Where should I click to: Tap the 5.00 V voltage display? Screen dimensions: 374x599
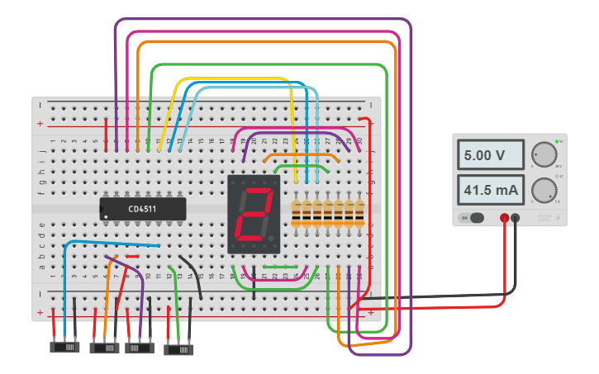[x=491, y=155]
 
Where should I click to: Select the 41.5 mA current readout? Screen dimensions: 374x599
[x=491, y=191]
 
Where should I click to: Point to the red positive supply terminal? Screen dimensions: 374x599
[x=504, y=218]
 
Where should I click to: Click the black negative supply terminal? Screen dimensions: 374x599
[x=516, y=218]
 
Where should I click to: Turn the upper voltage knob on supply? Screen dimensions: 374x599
[x=544, y=154]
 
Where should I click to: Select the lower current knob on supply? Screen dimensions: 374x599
[x=544, y=190]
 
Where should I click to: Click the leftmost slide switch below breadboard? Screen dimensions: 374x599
[x=64, y=348]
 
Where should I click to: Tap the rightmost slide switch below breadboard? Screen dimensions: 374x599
[x=178, y=349]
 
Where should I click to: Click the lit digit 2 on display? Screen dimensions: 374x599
[x=254, y=214]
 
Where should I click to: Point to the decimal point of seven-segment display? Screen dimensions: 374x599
[x=271, y=239]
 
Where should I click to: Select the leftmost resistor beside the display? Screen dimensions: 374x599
[x=297, y=213]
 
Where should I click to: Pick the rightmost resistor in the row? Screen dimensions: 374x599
[x=359, y=213]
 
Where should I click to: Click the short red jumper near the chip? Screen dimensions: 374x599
[x=132, y=257]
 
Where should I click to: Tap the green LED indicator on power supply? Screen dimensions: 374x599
[x=559, y=142]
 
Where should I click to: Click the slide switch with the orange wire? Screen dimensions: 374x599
[x=103, y=348]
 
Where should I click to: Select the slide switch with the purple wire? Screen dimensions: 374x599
[x=139, y=348]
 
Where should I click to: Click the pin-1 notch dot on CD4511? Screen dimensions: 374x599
[x=106, y=217]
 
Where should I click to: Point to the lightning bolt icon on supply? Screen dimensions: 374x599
[x=558, y=218]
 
